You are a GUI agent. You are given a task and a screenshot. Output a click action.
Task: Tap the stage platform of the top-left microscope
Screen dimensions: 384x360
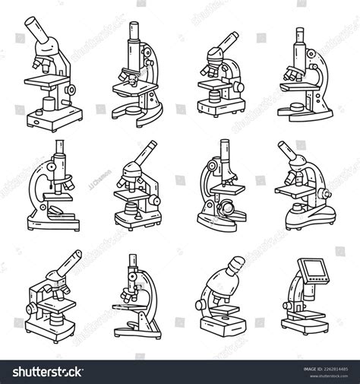(47, 81)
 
